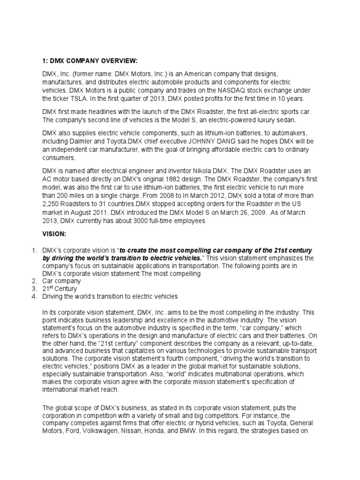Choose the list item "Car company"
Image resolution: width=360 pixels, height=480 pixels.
tap(61, 281)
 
